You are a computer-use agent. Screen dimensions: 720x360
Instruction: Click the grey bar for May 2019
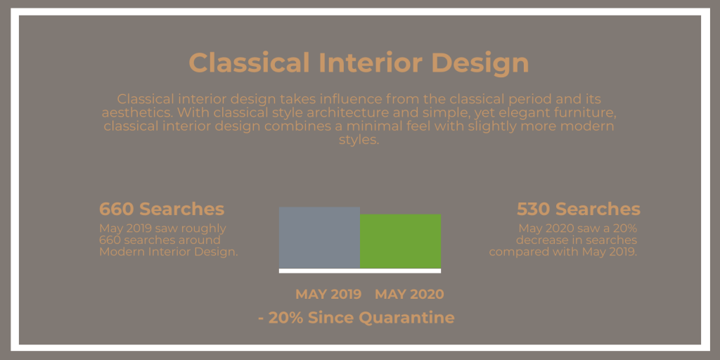pyautogui.click(x=319, y=238)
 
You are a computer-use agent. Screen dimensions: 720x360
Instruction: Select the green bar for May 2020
pyautogui.click(x=400, y=241)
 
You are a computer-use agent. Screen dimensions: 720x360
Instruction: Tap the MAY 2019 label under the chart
pyautogui.click(x=328, y=295)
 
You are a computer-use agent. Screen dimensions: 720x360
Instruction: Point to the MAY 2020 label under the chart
pyautogui.click(x=409, y=295)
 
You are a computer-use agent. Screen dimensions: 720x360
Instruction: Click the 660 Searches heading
pyautogui.click(x=162, y=209)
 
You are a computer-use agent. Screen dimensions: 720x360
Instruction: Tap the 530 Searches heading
pyautogui.click(x=579, y=209)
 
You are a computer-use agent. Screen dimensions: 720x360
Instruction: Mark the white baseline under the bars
pyautogui.click(x=360, y=271)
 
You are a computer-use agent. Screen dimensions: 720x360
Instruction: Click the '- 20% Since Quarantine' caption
pyautogui.click(x=356, y=317)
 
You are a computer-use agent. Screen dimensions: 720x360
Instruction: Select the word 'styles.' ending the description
pyautogui.click(x=359, y=140)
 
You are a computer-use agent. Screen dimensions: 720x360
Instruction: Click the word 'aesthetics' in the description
pyautogui.click(x=136, y=112)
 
